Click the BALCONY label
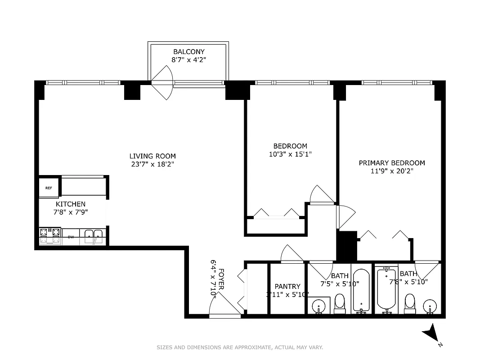[188, 52]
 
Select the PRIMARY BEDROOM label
[391, 163]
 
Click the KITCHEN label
[71, 204]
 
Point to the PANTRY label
[287, 287]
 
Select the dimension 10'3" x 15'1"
[290, 154]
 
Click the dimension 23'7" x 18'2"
[150, 164]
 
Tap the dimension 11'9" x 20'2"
[391, 171]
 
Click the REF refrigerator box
[49, 188]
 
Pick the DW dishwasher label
[71, 237]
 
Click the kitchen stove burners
[50, 236]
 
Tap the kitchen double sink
[93, 236]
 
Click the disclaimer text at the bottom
[240, 347]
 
